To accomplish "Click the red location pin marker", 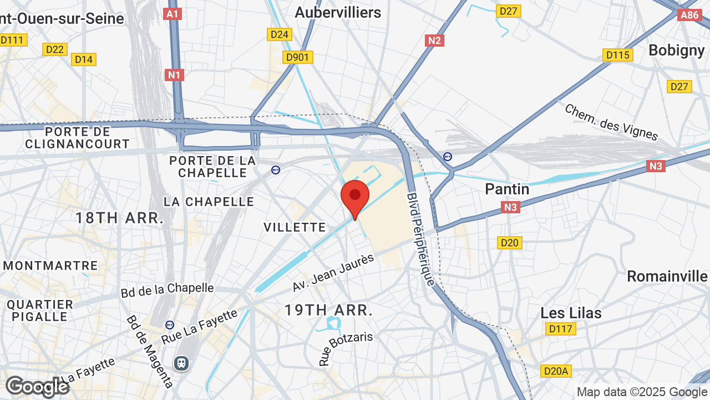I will [355, 198].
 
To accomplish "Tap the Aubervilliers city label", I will [338, 12].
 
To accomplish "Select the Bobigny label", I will [676, 50].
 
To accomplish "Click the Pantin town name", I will [507, 189].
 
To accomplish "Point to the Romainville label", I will [667, 276].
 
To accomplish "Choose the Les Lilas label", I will [571, 313].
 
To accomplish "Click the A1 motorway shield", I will [173, 14].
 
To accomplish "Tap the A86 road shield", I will [689, 15].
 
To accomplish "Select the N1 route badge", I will [174, 74].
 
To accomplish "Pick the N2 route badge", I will [435, 40].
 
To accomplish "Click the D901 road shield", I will [298, 57].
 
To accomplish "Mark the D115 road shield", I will [617, 55].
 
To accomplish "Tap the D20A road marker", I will [555, 371].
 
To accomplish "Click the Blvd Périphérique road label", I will [421, 239].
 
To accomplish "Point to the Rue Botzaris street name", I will [345, 348].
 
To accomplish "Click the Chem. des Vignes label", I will [611, 122].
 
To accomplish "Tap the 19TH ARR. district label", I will [328, 310].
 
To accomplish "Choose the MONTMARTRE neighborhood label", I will [50, 266].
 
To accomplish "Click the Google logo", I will [37, 387].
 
